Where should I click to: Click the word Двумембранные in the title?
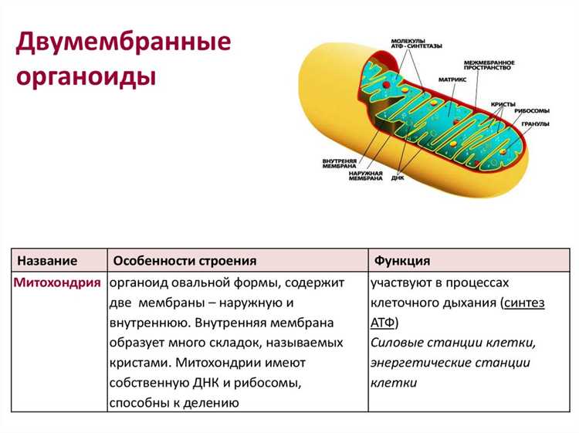(124, 42)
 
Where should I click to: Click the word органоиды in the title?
(86, 78)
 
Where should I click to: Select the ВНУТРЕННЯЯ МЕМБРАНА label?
(338, 164)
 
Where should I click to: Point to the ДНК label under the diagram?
(398, 178)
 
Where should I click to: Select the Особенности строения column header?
(185, 260)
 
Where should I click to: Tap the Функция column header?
(402, 260)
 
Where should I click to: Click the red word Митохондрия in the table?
(57, 282)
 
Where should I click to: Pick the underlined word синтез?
(524, 303)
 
